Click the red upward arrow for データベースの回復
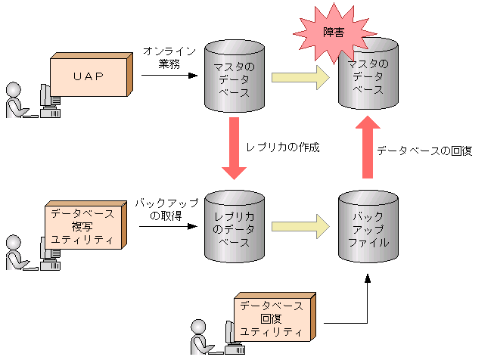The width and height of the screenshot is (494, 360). pyautogui.click(x=368, y=147)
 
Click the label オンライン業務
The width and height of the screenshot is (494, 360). pyautogui.click(x=169, y=57)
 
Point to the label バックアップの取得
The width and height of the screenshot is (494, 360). pyautogui.click(x=166, y=209)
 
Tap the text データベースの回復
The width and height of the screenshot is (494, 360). pyautogui.click(x=424, y=151)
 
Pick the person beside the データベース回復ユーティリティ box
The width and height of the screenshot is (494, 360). pyautogui.click(x=200, y=337)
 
